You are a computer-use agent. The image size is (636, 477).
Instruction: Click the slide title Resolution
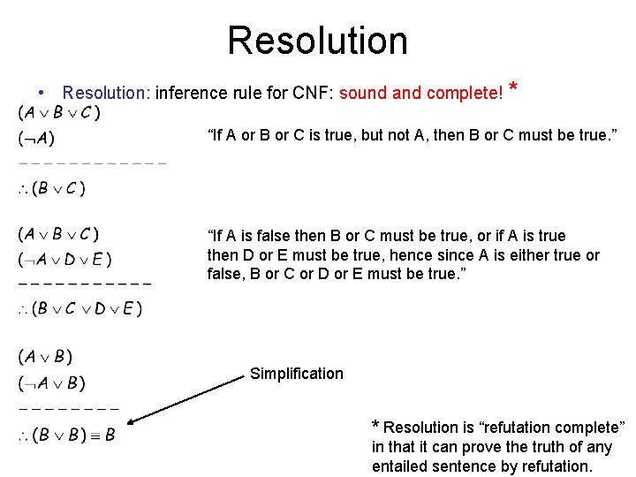click(x=317, y=41)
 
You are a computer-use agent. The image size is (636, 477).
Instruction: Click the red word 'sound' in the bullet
click(x=360, y=92)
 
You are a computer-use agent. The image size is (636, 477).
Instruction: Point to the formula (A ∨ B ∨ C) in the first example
click(x=58, y=112)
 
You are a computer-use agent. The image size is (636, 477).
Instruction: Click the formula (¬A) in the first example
click(x=36, y=138)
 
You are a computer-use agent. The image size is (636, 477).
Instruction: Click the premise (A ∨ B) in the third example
click(x=45, y=357)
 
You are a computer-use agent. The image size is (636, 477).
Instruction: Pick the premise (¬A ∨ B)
click(x=51, y=383)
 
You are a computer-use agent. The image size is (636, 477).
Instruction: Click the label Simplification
click(x=296, y=374)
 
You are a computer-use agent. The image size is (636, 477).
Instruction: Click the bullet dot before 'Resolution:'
click(x=42, y=92)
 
